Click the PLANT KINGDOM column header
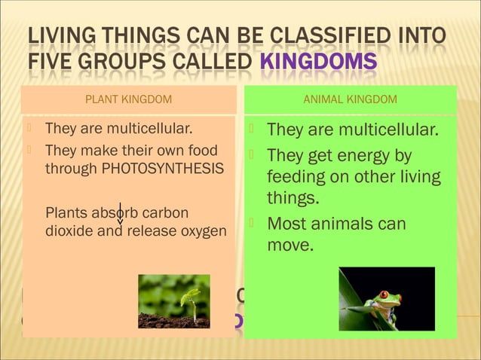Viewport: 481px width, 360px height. point(128,99)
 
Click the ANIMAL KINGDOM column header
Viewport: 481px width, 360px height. point(350,99)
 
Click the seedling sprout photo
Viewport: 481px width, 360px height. point(173,301)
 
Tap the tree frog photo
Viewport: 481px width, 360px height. point(386,298)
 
